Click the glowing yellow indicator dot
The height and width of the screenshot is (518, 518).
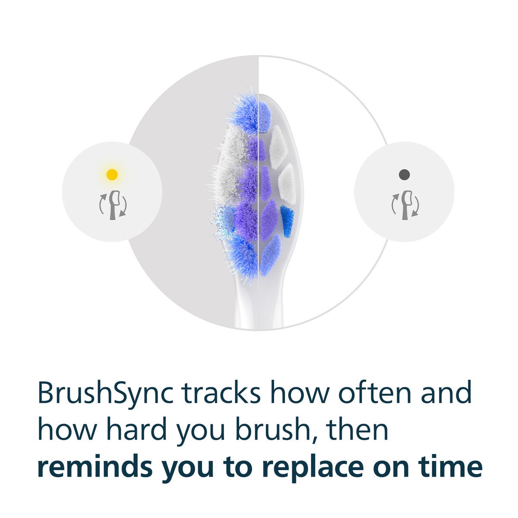tap(112, 174)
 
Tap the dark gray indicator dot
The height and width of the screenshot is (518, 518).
tap(404, 174)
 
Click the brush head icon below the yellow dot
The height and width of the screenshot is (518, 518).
tap(113, 205)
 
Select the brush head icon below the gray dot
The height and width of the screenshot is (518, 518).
tap(405, 205)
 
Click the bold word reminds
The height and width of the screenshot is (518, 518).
tap(95, 466)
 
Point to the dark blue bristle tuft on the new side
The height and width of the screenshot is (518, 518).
tap(287, 222)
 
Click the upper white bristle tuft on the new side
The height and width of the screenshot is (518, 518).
tap(278, 147)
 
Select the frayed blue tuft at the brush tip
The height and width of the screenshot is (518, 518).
tap(245, 113)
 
